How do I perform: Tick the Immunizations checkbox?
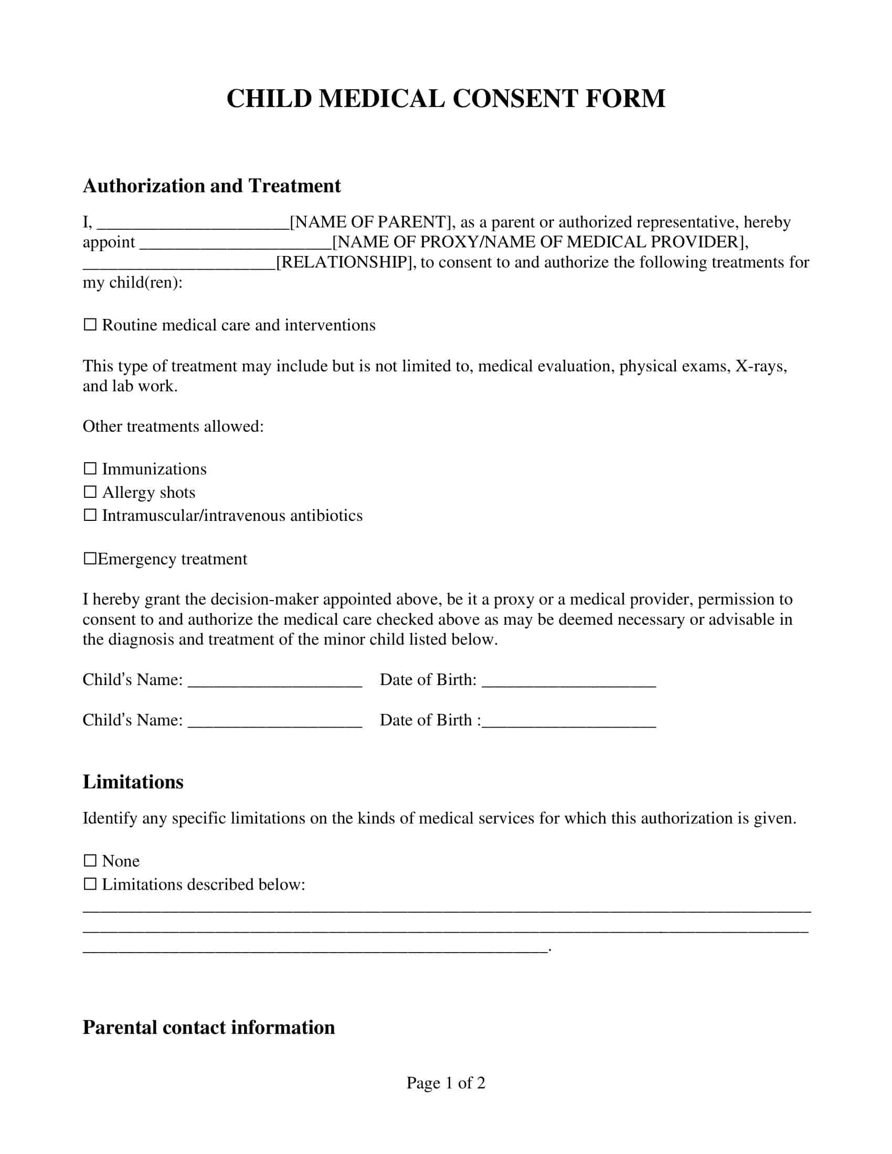click(90, 468)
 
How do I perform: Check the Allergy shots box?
click(90, 491)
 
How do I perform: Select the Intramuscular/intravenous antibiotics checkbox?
click(90, 515)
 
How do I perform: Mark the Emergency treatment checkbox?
click(90, 559)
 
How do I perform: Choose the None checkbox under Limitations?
click(90, 861)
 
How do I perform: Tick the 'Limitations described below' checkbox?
click(90, 884)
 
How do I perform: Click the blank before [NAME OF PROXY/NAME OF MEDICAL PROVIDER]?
click(235, 243)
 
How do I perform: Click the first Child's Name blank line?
click(275, 680)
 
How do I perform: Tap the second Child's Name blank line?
click(275, 721)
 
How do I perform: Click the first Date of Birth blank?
click(569, 680)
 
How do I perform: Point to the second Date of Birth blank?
click(569, 721)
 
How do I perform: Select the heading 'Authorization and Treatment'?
click(212, 186)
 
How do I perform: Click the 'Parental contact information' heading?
click(209, 1027)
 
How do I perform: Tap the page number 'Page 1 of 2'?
click(445, 1083)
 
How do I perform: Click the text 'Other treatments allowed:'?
click(173, 426)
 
